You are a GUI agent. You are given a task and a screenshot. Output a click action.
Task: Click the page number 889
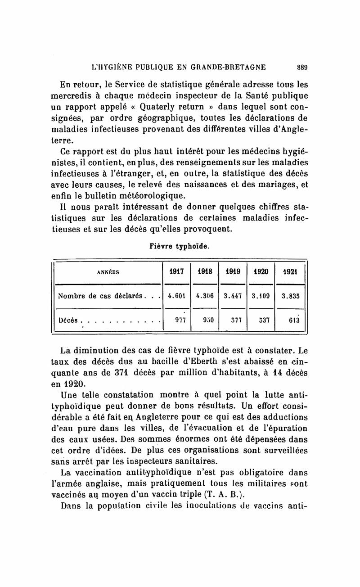click(x=301, y=68)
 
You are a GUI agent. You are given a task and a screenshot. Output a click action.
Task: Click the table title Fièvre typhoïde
click(x=180, y=246)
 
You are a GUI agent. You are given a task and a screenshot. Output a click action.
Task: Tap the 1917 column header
click(x=176, y=271)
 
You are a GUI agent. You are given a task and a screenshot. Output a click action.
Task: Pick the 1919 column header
click(x=233, y=271)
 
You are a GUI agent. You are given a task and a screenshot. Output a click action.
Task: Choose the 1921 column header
click(x=291, y=271)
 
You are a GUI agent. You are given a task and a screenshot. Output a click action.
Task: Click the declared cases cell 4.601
click(x=176, y=296)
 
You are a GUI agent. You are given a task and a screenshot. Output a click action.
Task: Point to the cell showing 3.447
click(x=233, y=296)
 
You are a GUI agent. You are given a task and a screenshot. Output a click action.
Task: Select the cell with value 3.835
click(x=291, y=296)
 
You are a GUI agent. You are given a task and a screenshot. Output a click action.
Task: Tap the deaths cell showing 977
click(x=176, y=321)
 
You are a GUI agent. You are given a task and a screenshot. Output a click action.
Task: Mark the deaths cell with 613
click(x=291, y=321)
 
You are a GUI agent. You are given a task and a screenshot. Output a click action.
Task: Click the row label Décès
click(x=68, y=321)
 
